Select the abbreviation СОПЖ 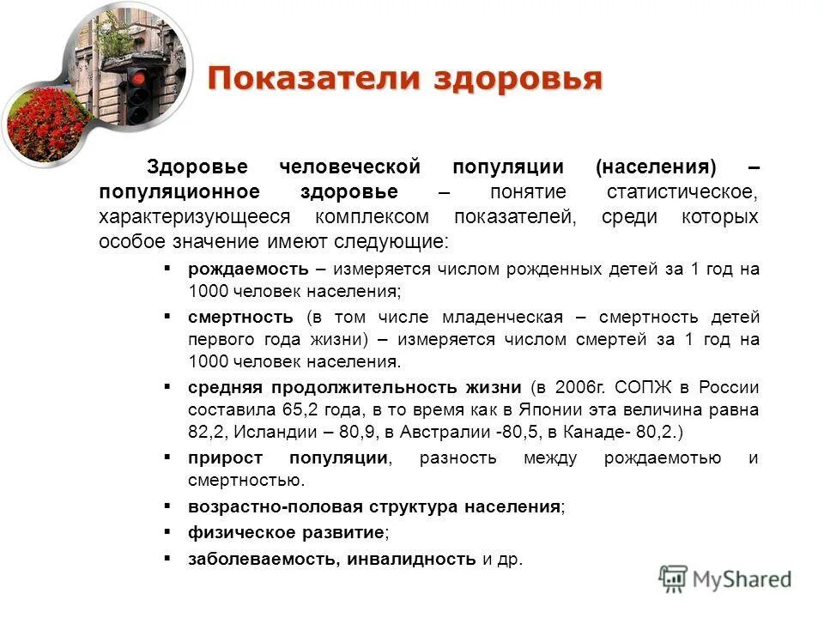639,387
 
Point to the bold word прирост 225,457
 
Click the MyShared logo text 742,579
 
